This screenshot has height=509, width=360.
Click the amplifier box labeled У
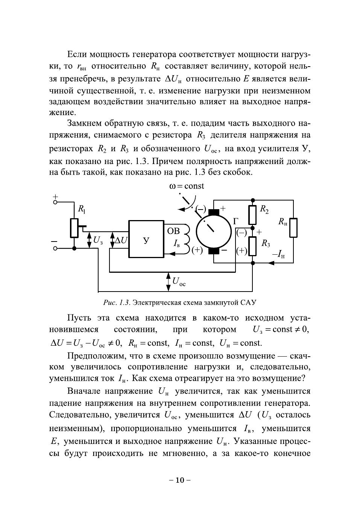(x=146, y=239)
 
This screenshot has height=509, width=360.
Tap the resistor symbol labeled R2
(x=253, y=214)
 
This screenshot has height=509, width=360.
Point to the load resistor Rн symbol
(x=293, y=228)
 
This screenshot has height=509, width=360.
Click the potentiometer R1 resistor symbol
(x=74, y=228)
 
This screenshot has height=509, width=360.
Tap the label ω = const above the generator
(x=187, y=186)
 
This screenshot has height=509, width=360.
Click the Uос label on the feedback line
(x=179, y=281)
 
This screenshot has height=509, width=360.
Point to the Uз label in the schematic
(x=98, y=240)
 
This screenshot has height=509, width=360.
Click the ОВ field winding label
(x=173, y=230)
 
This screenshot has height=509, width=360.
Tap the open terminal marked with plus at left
(x=55, y=202)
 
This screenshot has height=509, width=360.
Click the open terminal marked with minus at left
(x=55, y=248)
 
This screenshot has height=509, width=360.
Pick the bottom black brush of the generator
(x=214, y=251)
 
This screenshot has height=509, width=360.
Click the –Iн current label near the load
(x=278, y=255)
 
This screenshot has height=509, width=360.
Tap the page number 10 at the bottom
(x=180, y=480)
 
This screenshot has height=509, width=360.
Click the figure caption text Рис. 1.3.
(x=117, y=302)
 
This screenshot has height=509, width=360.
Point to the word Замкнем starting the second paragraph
(x=84, y=123)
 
